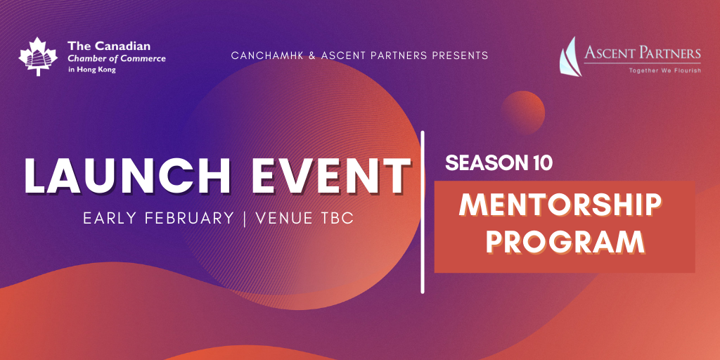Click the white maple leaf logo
pyautogui.click(x=38, y=56)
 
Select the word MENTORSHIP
pyautogui.click(x=560, y=206)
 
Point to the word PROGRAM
pyautogui.click(x=565, y=242)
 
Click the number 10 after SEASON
pyautogui.click(x=540, y=163)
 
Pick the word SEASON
pyautogui.click(x=484, y=163)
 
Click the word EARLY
pyautogui.click(x=111, y=219)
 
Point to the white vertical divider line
pyautogui.click(x=423, y=212)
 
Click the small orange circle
pyautogui.click(x=523, y=112)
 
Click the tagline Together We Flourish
pyautogui.click(x=665, y=70)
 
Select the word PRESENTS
pyautogui.click(x=460, y=56)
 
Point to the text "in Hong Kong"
pyautogui.click(x=92, y=70)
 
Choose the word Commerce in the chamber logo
pyautogui.click(x=143, y=58)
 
